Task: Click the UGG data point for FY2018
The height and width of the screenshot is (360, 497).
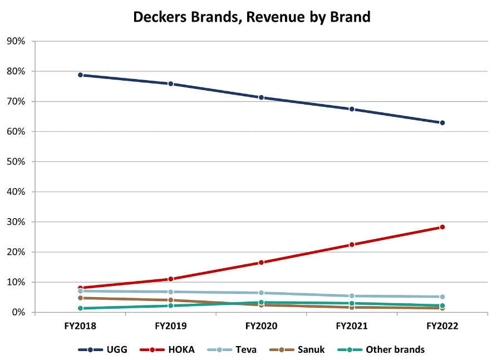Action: click(80, 75)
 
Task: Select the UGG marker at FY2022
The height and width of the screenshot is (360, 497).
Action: click(442, 122)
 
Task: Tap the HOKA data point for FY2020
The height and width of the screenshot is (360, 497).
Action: click(261, 262)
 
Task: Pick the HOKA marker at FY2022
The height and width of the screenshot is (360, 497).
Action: click(442, 227)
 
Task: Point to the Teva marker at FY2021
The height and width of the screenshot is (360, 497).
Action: click(352, 296)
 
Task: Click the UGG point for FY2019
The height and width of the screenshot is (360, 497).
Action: click(171, 83)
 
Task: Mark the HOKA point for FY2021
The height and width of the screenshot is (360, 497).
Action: click(352, 244)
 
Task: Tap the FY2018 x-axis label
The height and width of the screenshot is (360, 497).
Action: click(80, 327)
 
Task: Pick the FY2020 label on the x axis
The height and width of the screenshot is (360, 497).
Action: click(261, 327)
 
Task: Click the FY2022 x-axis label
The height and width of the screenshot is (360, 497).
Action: click(442, 327)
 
